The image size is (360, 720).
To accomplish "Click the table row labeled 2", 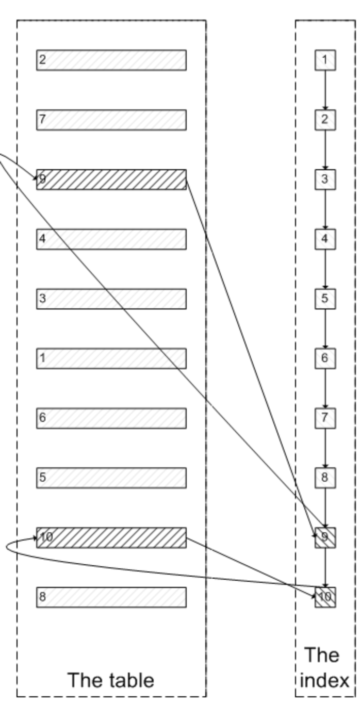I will (111, 60).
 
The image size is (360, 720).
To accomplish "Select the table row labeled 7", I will (111, 120).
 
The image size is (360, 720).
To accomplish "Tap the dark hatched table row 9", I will (111, 179).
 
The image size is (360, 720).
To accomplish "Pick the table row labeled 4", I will (111, 239).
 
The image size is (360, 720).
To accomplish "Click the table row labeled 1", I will (111, 358).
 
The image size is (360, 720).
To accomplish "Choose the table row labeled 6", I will (111, 418).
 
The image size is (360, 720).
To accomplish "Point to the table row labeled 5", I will (111, 478).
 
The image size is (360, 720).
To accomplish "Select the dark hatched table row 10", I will (111, 537).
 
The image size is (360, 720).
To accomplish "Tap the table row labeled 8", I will (111, 597).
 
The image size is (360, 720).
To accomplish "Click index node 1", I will (325, 60).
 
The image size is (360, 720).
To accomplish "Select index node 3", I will (325, 179).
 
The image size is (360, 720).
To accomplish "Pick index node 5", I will (325, 299).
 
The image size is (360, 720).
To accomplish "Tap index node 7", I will (325, 418).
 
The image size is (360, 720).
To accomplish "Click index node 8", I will (325, 478).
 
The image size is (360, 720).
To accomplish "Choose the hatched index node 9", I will (325, 537).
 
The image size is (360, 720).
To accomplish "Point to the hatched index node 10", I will (325, 597).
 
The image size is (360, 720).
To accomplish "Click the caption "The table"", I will (111, 680).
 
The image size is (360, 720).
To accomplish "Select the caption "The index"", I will (323, 668).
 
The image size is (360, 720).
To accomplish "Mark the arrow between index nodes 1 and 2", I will (325, 90).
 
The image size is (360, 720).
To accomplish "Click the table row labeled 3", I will (111, 299).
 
